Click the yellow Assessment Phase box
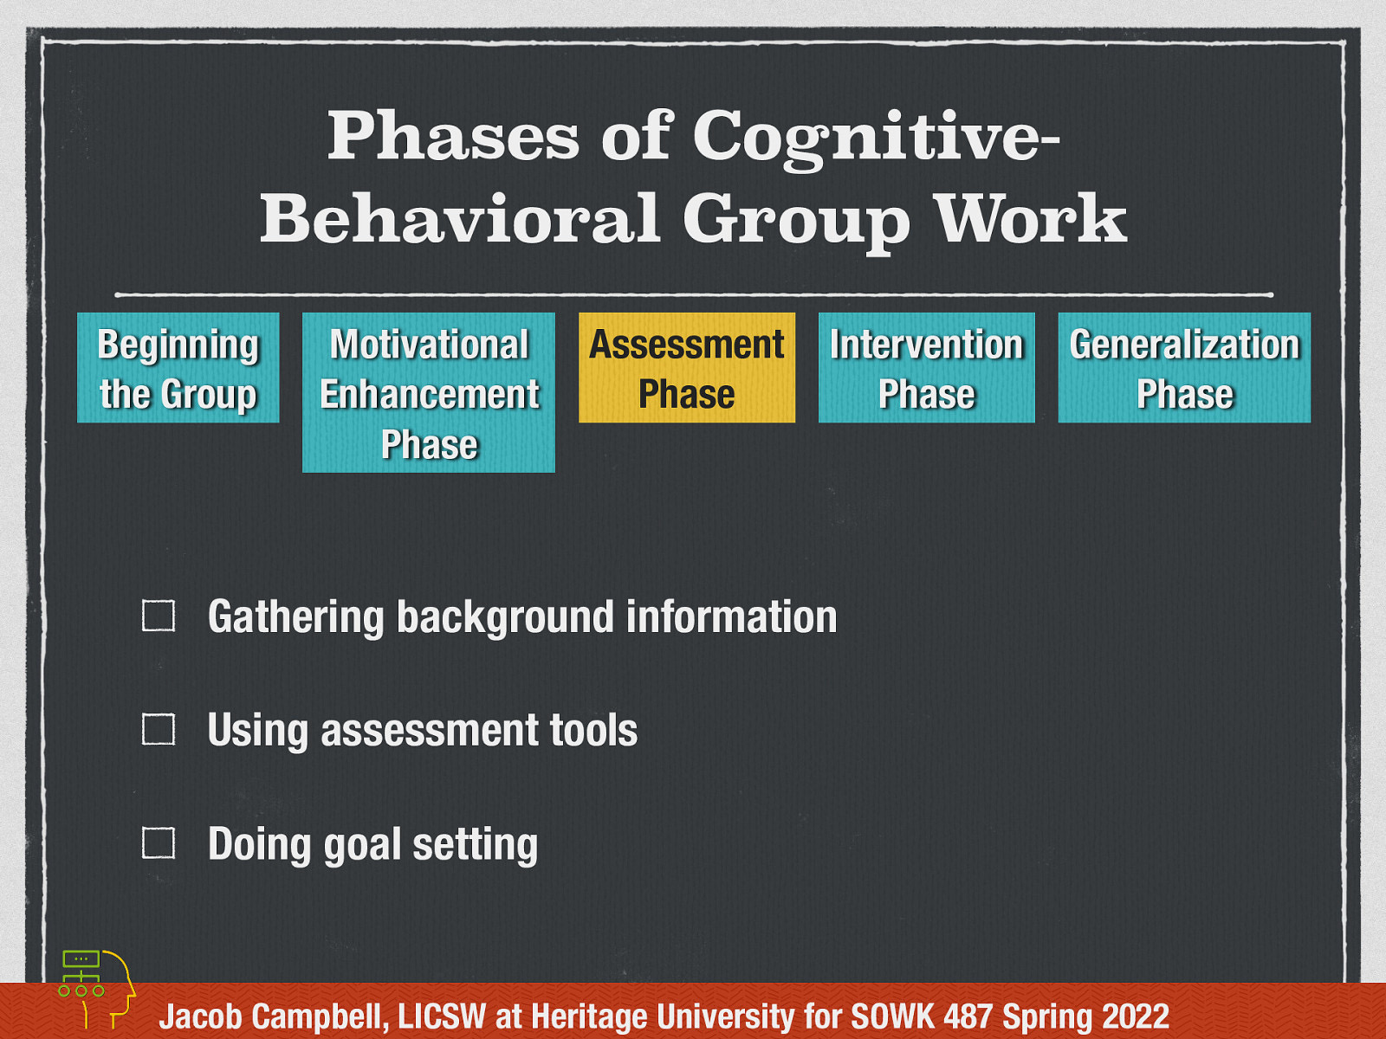[x=686, y=368]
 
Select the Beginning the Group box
[x=178, y=368]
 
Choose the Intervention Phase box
[x=926, y=368]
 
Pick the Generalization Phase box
[x=1184, y=368]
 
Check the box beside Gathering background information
[x=159, y=616]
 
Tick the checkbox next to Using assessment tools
[x=159, y=730]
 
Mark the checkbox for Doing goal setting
[x=159, y=843]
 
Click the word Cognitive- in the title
[x=876, y=137]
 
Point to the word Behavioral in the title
[x=460, y=219]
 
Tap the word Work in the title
[x=1031, y=219]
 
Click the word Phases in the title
[x=453, y=135]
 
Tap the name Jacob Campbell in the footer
[x=273, y=1016]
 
